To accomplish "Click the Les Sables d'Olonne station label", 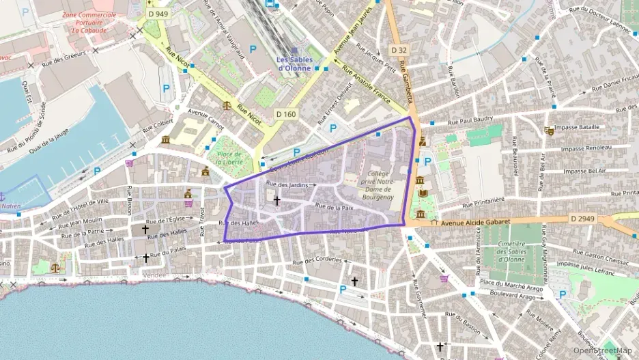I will point(294,64).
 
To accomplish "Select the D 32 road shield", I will point(399,50).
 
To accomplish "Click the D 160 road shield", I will point(285,113).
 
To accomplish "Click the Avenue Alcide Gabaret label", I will point(471,223).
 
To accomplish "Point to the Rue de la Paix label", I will point(334,206).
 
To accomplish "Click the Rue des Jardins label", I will point(289,184).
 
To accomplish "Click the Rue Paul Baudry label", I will point(470,120).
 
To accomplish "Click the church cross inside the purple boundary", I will point(276,200).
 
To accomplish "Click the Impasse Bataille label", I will point(580,127).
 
